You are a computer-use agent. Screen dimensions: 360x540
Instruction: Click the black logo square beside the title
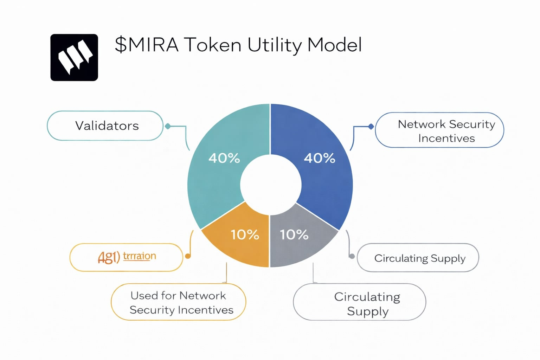coord(74,58)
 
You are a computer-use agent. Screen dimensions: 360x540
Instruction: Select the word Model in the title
coord(334,45)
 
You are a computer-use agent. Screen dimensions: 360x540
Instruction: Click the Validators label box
coord(105,126)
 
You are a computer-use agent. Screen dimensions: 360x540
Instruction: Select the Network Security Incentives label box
coord(439,130)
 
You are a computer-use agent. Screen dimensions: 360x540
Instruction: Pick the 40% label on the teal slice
coord(224,158)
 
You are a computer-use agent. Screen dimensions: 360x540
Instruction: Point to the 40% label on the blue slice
coord(319,158)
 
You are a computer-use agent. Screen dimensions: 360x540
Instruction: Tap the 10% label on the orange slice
coord(245,234)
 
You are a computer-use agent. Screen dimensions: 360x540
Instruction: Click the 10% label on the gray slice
coord(294,234)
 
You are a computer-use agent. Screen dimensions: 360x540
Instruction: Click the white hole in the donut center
coord(270,185)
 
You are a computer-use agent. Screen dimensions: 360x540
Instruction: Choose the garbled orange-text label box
coord(126,257)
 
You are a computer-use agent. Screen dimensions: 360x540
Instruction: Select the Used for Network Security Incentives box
coord(178,302)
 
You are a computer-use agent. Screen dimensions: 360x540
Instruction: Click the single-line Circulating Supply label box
coord(418,258)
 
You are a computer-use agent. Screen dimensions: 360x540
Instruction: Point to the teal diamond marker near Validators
coord(168,126)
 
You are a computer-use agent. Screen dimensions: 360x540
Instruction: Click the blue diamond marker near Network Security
coord(371,127)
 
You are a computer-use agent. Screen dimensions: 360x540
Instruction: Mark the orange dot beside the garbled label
coord(188,256)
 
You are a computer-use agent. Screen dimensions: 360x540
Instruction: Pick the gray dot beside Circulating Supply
coord(352,256)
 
